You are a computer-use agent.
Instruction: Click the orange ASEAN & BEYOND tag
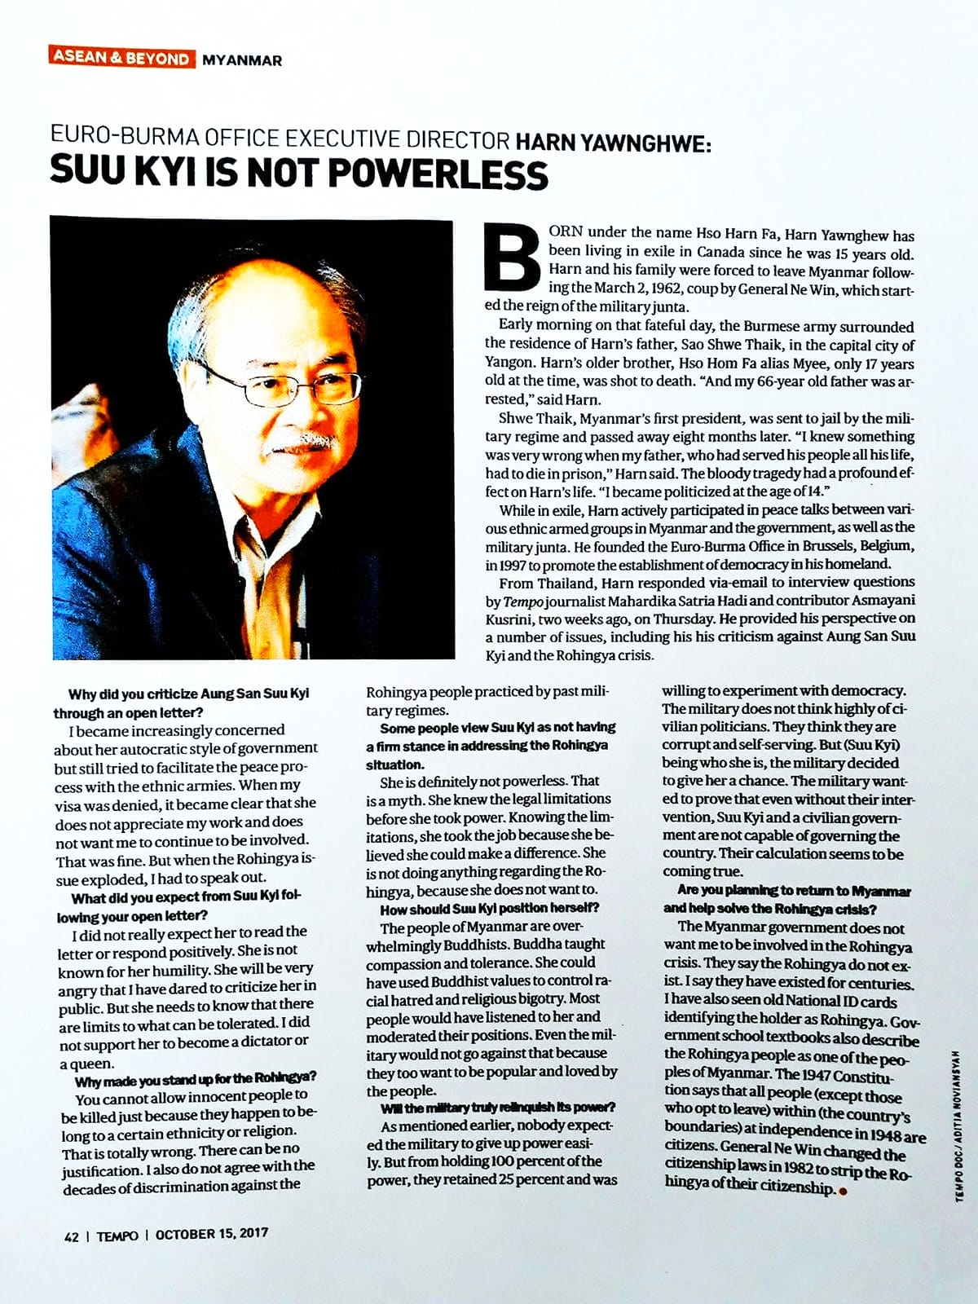pos(121,59)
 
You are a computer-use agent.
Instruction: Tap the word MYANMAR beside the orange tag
pos(241,59)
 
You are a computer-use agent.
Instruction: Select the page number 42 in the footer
pos(72,1236)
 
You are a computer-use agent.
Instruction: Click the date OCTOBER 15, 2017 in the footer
pos(211,1235)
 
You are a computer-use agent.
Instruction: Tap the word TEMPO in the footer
pos(117,1236)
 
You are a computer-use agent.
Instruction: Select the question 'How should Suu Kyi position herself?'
pos(489,908)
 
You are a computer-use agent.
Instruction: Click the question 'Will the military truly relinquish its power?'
pos(497,1108)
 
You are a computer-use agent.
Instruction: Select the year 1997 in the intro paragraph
pos(500,565)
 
